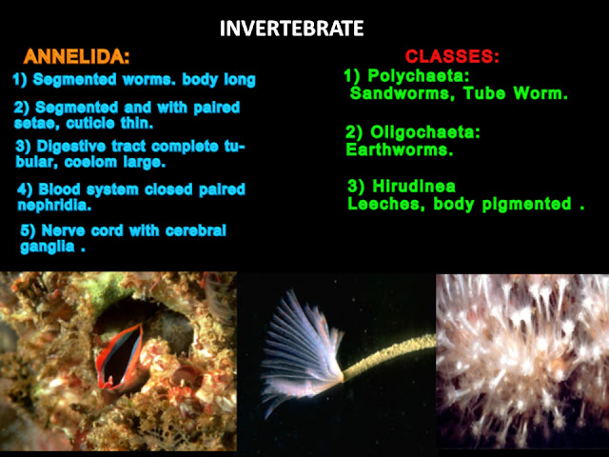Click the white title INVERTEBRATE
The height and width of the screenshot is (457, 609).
tap(291, 29)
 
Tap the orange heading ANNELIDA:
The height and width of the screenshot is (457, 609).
tap(76, 57)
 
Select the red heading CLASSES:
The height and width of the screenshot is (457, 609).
tap(452, 57)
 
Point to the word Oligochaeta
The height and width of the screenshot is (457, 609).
tap(422, 132)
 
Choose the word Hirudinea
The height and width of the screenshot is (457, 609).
tap(414, 187)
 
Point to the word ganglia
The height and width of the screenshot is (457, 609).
tap(48, 247)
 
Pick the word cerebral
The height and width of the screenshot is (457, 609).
tap(196, 230)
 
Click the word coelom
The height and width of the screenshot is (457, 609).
tap(90, 162)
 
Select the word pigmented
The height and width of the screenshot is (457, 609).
tap(526, 205)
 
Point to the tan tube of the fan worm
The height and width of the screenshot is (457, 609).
tap(389, 355)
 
